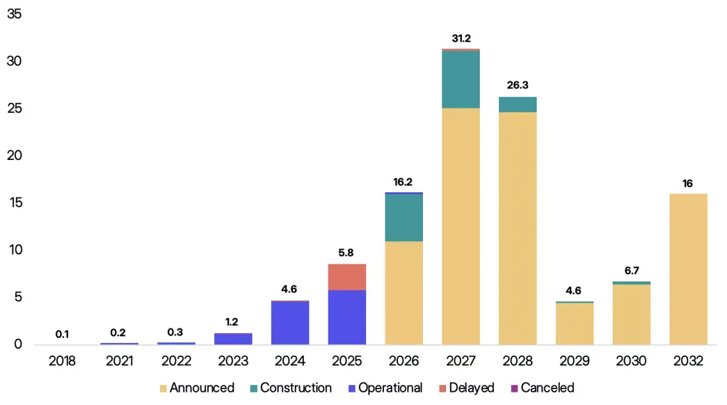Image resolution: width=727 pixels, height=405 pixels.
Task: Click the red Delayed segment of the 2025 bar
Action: coord(347,277)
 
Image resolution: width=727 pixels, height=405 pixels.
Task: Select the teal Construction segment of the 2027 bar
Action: coord(461,79)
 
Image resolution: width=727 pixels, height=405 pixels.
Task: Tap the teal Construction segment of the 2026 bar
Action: coord(404,218)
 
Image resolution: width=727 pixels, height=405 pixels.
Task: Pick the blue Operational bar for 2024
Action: coord(290,323)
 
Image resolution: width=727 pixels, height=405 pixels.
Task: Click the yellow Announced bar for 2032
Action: coord(689,269)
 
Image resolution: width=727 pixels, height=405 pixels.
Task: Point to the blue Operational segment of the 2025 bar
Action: coord(347,317)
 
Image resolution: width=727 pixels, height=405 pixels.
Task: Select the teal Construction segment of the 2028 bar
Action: coord(518,105)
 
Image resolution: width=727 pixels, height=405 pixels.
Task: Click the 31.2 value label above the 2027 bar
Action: coord(461,38)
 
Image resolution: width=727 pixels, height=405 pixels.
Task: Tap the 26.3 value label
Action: coord(517,85)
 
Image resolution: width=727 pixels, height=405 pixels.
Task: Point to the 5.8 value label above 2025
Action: coord(346,253)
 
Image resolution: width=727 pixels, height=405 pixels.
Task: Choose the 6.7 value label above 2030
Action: coord(631,271)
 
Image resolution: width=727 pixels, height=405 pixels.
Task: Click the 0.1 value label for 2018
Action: coord(62,334)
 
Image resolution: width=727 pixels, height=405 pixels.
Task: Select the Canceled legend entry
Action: coord(542,388)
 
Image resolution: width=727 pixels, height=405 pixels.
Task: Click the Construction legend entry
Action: coord(291,388)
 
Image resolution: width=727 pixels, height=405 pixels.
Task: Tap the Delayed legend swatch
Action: coord(442,388)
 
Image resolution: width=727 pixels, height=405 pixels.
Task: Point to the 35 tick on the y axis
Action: coord(15,14)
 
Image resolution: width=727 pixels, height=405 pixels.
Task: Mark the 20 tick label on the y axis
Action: coord(15,155)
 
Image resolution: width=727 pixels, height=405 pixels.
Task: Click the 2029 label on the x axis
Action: coord(574,361)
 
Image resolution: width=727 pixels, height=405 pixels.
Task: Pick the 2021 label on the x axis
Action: coord(119,361)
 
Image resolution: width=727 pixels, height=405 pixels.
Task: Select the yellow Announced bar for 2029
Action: coord(574,324)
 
